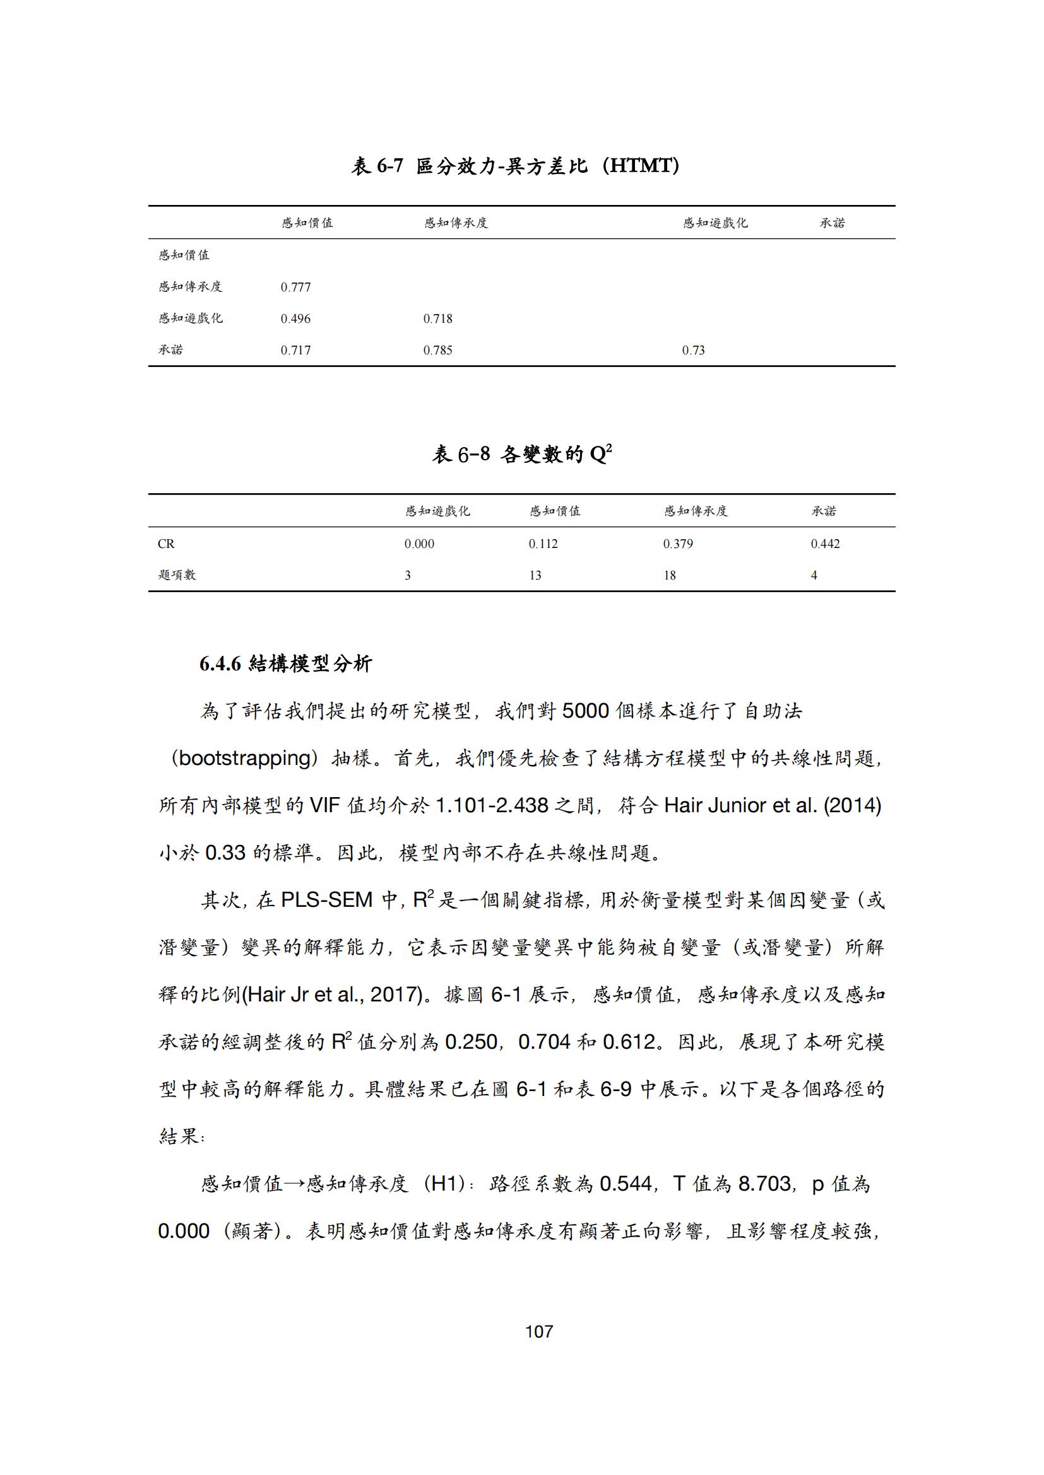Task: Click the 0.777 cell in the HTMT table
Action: pos(295,287)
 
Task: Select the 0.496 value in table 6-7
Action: pos(295,318)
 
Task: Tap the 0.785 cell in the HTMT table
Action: pos(437,350)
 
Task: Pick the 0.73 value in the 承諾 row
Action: pos(693,350)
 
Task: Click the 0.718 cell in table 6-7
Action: pos(437,318)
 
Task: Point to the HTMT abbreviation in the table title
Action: pos(641,166)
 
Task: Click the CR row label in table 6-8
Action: pos(166,544)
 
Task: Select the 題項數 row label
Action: pos(177,575)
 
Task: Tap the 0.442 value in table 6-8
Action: pos(825,544)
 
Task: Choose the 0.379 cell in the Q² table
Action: pos(677,544)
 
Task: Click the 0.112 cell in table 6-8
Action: pos(543,544)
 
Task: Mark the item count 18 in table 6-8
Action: pos(669,576)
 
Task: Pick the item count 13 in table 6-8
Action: pos(535,576)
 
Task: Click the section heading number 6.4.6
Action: pos(220,664)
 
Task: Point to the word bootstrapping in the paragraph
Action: pos(244,758)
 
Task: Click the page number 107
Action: pos(538,1332)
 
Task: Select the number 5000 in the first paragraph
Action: pos(585,711)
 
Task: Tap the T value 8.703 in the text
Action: pos(764,1183)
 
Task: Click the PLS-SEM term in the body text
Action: pos(326,900)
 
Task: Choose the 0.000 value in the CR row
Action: pos(419,544)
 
